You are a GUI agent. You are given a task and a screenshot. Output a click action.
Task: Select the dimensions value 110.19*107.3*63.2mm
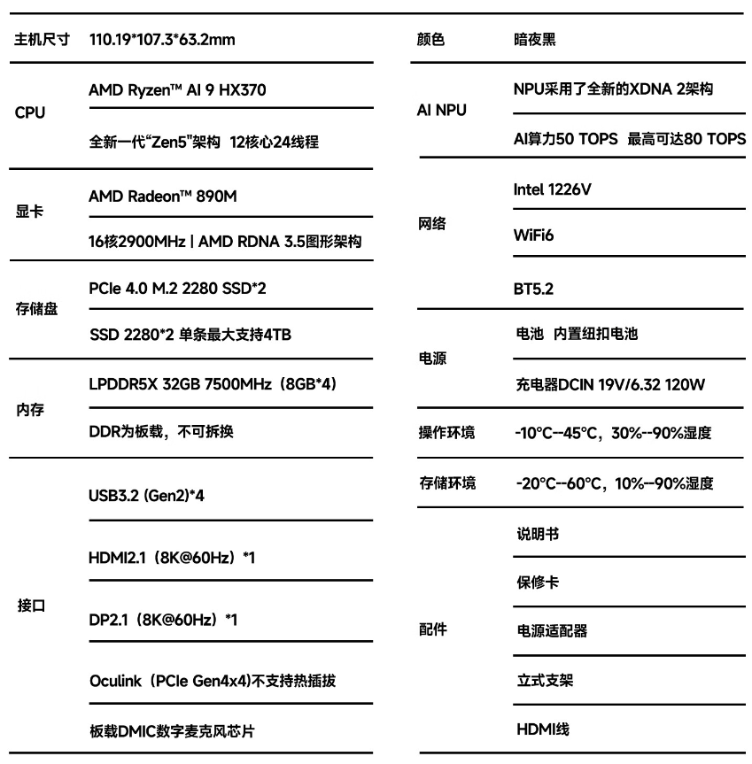point(162,41)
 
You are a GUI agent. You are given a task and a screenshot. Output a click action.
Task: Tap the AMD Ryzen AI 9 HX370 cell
point(178,90)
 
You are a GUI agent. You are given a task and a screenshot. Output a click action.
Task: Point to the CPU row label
point(31,114)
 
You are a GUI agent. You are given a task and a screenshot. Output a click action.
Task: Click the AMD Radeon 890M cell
point(163,197)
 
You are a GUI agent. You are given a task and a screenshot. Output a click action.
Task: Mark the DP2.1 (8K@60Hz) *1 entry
point(151,620)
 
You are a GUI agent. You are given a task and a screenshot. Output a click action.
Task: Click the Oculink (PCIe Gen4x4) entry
point(213,682)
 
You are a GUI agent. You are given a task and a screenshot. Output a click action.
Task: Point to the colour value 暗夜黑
point(536,41)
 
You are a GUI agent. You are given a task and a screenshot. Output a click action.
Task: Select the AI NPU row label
point(441,111)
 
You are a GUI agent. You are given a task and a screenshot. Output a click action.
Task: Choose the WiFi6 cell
point(531,235)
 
